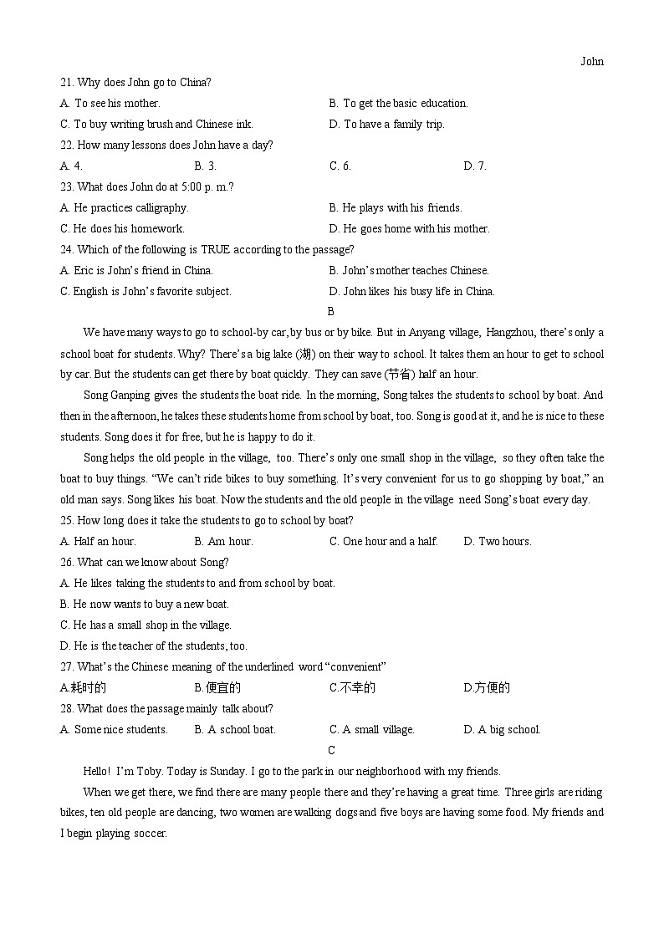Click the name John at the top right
[x=591, y=61]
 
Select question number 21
[x=67, y=82]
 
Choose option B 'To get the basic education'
[x=398, y=103]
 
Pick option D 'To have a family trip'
[x=387, y=124]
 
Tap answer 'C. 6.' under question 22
[x=340, y=166]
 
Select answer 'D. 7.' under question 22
[x=475, y=166]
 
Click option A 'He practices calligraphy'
[x=125, y=207]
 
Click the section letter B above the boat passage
[x=331, y=311]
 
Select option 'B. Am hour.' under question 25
[x=223, y=541]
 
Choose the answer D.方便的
[x=487, y=687]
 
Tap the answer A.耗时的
[x=84, y=687]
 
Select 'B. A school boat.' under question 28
[x=235, y=729]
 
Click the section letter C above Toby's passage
[x=331, y=750]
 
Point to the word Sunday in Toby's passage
[x=226, y=771]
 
